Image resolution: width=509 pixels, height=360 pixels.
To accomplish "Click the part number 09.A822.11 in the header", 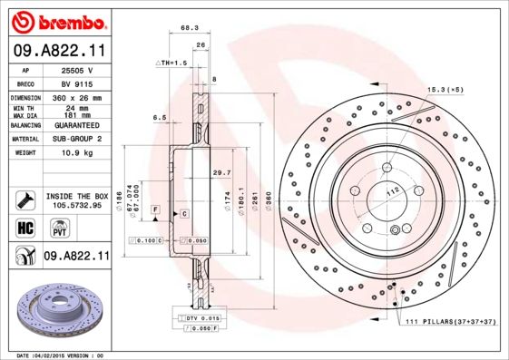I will (60, 53).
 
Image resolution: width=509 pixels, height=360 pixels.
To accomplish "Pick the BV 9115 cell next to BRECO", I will (74, 82).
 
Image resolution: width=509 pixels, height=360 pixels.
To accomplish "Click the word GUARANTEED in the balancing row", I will (74, 124).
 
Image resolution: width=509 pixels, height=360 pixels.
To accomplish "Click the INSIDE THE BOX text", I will (76, 196).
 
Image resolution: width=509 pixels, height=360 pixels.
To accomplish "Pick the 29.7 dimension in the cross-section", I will (221, 172).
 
